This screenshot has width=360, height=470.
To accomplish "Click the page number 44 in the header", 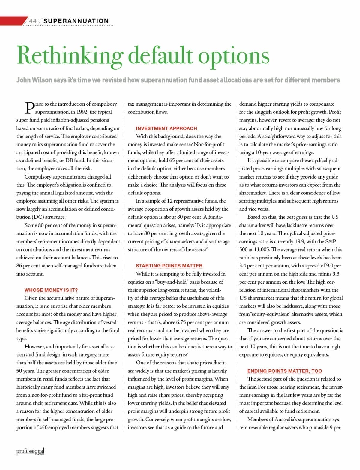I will [x=33, y=21].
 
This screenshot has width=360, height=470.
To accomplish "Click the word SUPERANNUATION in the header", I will [x=76, y=21].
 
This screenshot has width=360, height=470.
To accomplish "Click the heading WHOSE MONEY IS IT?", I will [x=51, y=290].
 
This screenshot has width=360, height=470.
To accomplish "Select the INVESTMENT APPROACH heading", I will [x=166, y=128].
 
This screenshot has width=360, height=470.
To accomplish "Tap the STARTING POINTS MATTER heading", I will [x=169, y=266].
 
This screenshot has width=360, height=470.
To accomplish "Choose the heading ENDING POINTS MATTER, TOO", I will [x=284, y=371].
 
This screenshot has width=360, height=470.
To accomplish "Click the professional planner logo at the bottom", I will [x=30, y=451].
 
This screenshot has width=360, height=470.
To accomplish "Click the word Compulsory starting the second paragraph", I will [x=38, y=177].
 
